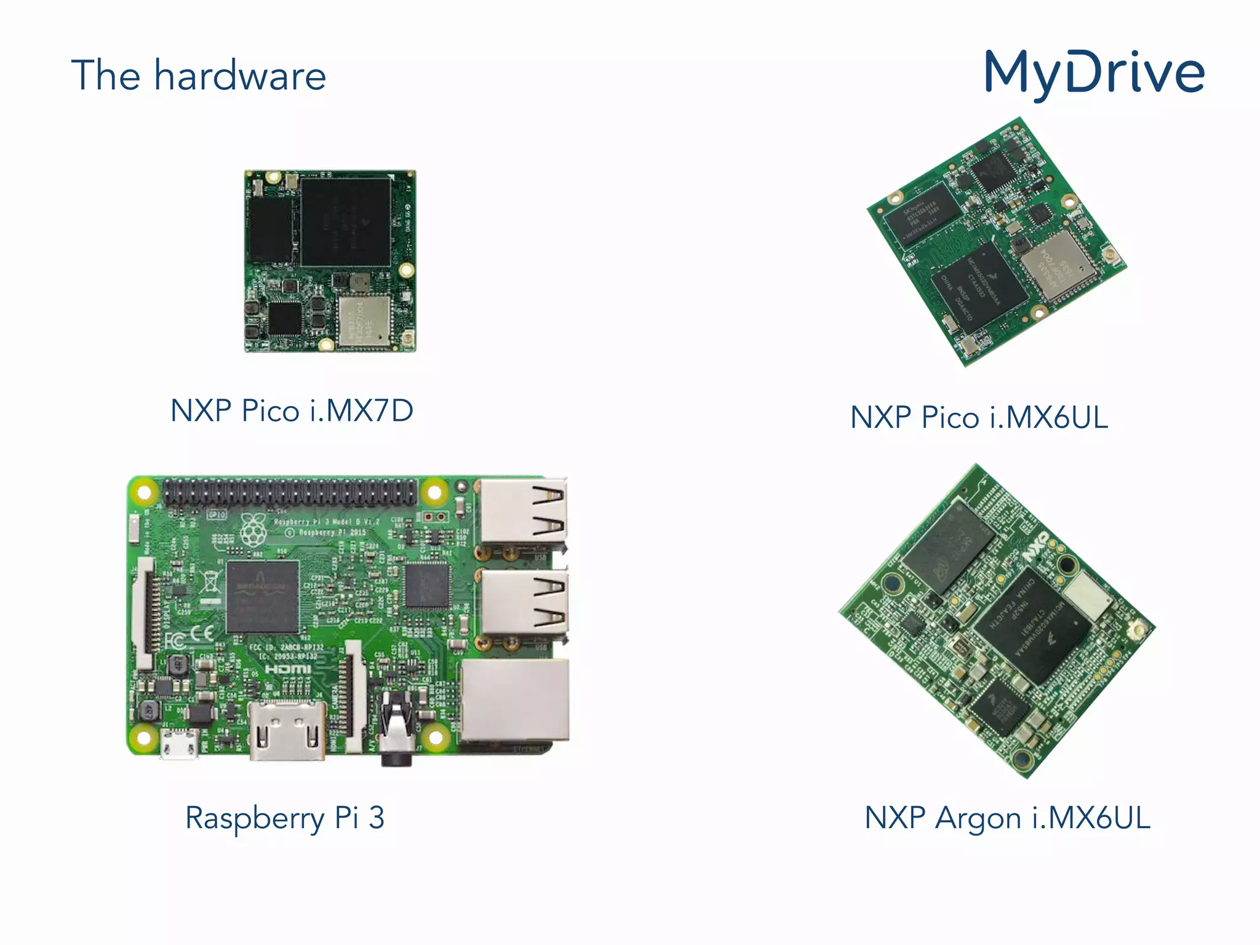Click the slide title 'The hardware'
[x=198, y=76]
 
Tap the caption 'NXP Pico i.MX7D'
[x=292, y=410]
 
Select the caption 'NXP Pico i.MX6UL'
[x=979, y=417]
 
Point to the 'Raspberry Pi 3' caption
[x=285, y=818]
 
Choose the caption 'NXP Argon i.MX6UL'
[x=1007, y=818]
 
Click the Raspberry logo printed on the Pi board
[x=253, y=530]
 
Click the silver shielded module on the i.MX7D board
[x=364, y=320]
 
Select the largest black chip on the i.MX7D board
[x=346, y=221]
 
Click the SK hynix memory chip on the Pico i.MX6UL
[x=921, y=214]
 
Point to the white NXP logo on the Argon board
[x=1035, y=548]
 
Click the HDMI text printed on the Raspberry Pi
[x=288, y=669]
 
